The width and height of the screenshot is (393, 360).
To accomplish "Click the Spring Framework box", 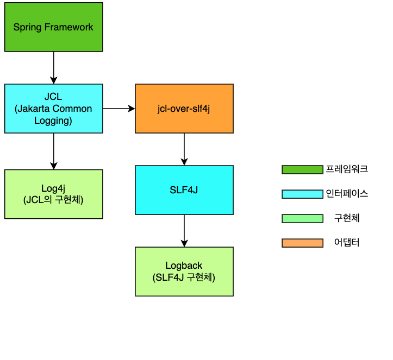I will tap(53, 27).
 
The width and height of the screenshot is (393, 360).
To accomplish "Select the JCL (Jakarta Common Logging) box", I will tap(53, 108).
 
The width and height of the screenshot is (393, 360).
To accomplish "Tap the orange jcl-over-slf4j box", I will tap(184, 108).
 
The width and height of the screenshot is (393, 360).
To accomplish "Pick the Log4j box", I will tap(53, 194).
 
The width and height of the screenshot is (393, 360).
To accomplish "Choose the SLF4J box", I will tap(184, 190).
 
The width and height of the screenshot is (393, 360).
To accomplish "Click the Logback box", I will tap(184, 271).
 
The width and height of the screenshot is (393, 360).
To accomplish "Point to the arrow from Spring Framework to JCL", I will tap(53, 67).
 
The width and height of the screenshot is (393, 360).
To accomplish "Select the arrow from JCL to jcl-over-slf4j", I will tap(118, 109).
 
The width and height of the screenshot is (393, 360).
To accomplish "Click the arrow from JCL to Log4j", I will tap(53, 151).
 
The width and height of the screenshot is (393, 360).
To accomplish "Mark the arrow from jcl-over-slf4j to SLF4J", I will tap(184, 149).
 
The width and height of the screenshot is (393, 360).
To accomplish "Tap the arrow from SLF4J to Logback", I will tap(184, 230).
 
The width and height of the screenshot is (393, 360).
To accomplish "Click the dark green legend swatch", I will tap(302, 169).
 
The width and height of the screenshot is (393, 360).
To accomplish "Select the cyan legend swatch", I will tap(302, 194).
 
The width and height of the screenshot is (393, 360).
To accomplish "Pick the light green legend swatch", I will tap(302, 218).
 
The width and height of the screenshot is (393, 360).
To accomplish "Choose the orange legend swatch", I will tap(302, 243).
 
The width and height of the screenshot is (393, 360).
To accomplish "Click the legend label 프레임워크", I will tap(347, 169).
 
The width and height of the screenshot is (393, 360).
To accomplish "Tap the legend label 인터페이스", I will tap(347, 194).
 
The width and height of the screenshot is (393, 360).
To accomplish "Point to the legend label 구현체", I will tap(347, 218).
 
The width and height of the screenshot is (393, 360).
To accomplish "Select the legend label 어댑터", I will tap(347, 243).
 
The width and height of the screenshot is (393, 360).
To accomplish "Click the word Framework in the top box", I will tap(68, 27).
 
